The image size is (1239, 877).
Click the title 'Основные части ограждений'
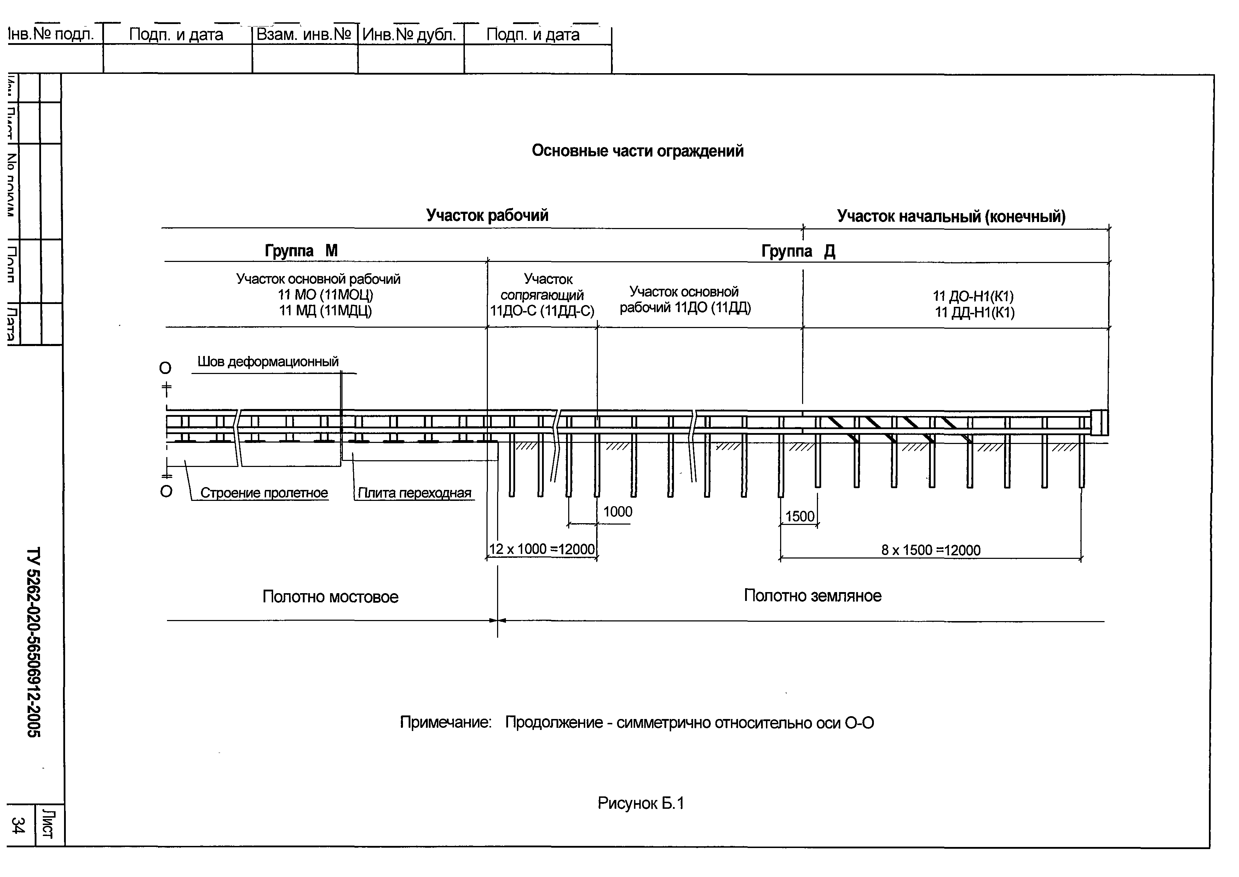(x=637, y=151)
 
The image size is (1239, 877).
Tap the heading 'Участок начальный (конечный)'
(x=951, y=217)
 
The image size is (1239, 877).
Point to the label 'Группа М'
(x=301, y=251)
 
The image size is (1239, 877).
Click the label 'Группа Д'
(x=798, y=251)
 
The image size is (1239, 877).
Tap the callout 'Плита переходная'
(x=414, y=492)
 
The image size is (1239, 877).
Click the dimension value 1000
(x=617, y=511)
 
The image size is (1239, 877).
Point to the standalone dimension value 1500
(x=799, y=516)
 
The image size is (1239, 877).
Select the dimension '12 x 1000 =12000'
(x=541, y=549)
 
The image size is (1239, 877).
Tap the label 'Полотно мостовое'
(x=330, y=597)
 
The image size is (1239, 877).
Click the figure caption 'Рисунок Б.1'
(x=640, y=803)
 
